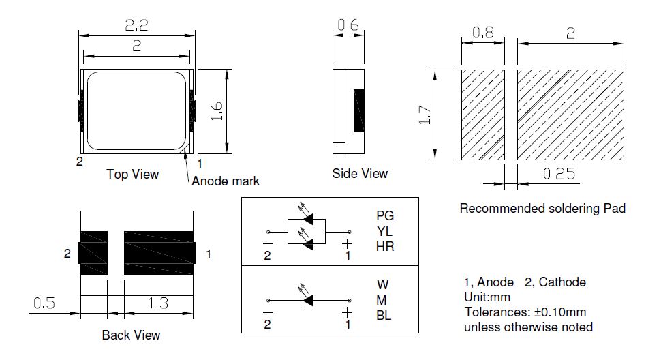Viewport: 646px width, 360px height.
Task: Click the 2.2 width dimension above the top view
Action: pos(136,25)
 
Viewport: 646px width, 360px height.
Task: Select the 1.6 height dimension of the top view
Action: pos(216,111)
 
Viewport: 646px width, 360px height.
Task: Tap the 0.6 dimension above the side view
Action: pos(348,25)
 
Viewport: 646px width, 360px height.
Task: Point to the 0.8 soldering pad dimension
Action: pos(483,32)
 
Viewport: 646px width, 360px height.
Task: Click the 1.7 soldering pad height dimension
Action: pos(425,115)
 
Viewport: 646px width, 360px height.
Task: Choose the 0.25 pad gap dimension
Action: pos(559,174)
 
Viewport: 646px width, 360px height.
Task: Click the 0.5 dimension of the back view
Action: pos(44,303)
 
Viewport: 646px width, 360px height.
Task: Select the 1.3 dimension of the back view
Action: pos(158,303)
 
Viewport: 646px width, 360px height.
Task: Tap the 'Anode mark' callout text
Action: pos(226,181)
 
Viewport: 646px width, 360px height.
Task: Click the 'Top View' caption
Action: pos(133,174)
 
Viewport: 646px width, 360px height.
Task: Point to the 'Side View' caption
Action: pos(360,174)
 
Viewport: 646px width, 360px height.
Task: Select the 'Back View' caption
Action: pos(131,335)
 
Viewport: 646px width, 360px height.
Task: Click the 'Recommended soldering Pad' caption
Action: pos(542,208)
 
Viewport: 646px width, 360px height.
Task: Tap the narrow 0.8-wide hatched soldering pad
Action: pos(483,115)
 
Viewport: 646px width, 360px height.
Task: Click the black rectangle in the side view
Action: pos(359,110)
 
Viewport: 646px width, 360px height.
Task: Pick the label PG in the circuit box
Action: pos(385,215)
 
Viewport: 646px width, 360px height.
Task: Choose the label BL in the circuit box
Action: pos(384,316)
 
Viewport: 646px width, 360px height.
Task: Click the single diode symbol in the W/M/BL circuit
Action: pos(308,300)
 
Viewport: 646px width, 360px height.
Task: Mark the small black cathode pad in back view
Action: pos(93,253)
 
